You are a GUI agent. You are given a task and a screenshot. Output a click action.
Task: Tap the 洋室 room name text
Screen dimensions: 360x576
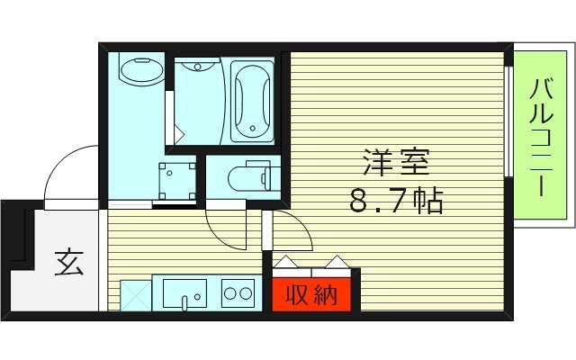pyautogui.click(x=396, y=164)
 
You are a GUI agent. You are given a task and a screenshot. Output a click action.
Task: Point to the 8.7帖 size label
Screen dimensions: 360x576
pyautogui.click(x=396, y=201)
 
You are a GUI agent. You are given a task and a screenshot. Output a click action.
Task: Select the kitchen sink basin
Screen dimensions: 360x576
pyautogui.click(x=184, y=293)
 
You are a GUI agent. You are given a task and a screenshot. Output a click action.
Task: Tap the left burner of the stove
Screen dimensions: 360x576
pyautogui.click(x=229, y=292)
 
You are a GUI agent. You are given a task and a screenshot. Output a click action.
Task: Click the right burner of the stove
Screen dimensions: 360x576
pyautogui.click(x=245, y=292)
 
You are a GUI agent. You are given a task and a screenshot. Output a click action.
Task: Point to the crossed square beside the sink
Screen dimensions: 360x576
pyautogui.click(x=136, y=293)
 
